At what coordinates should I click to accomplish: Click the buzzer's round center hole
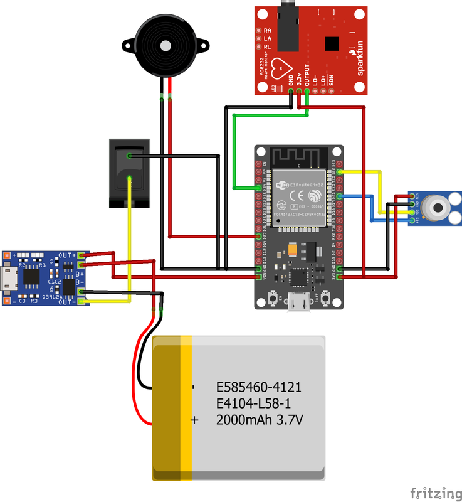165,46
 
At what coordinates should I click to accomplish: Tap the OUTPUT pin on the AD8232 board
307,91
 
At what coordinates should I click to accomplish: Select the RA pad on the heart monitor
258,30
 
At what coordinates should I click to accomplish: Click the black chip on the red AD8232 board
331,43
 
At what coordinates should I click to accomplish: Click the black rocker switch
129,173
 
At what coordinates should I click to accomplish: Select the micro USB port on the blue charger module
11,279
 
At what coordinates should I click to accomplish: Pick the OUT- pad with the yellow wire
81,302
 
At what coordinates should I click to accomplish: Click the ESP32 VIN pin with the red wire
258,276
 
